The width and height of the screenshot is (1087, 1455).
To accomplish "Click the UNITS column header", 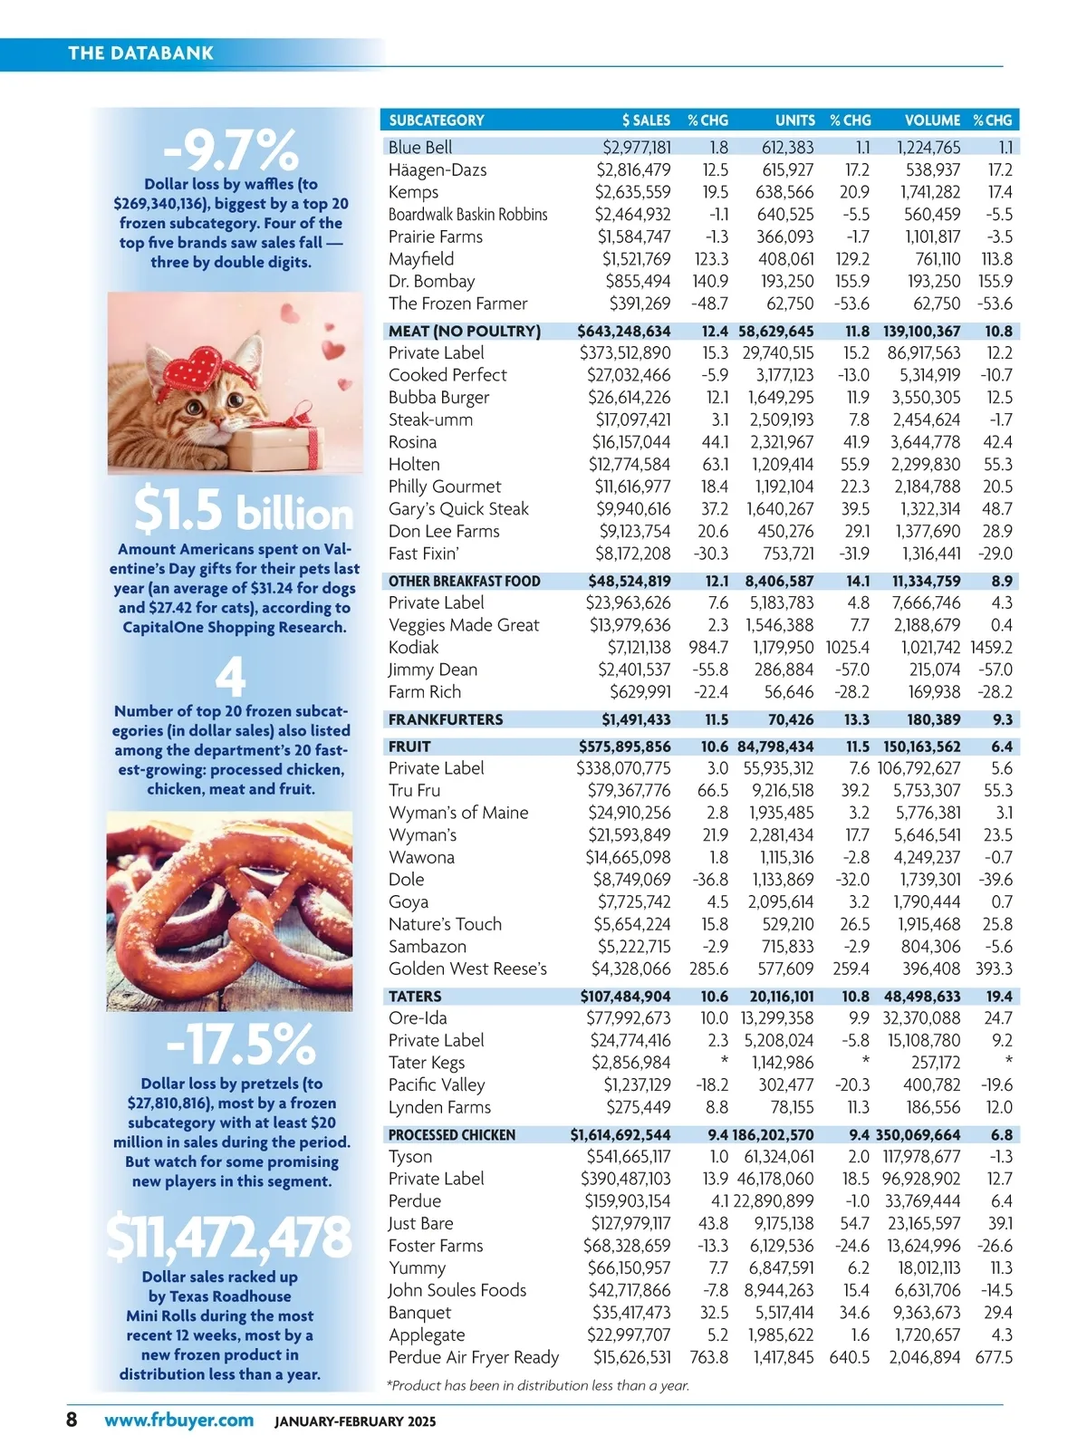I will point(794,120).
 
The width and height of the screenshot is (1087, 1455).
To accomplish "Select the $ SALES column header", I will point(646,120).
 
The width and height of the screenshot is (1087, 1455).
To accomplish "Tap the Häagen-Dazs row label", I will point(438,169).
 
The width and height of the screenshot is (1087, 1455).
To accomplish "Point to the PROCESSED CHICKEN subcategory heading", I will point(452,1134).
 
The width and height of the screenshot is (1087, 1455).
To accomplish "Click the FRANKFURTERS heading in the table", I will point(446,719).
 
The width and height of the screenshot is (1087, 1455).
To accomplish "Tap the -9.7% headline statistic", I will point(231,149).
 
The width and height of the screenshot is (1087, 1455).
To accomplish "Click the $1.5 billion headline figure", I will point(243,509).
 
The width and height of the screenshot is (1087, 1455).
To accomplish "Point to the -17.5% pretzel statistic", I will point(240,1044).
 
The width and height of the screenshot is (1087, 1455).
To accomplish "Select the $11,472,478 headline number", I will point(229,1237).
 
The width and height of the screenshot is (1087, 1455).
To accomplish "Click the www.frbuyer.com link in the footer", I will point(178,1420).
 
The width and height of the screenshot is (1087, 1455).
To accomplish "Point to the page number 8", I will point(72,1419).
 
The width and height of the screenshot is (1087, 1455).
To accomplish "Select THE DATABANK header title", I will point(141,53).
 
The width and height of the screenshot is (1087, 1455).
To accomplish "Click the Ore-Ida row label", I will point(418,1017).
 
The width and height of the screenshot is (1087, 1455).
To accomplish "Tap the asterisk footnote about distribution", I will point(538,1384).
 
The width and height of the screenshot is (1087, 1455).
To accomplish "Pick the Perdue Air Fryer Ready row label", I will point(474,1357).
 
